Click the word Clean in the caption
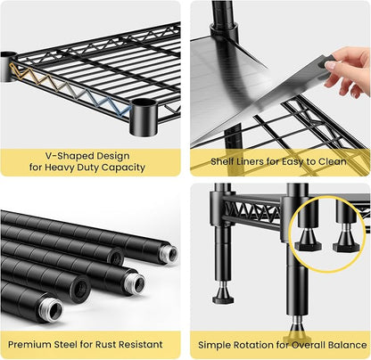click(x=333, y=161)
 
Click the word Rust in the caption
click(x=106, y=345)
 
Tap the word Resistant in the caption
click(x=141, y=345)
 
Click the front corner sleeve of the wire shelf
click(x=144, y=118)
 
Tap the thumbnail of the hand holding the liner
click(x=349, y=70)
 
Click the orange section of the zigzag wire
click(x=26, y=74)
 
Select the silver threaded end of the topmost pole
click(x=171, y=253)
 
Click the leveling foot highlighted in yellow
click(x=296, y=331)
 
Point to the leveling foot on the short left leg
click(x=223, y=294)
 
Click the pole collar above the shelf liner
click(x=225, y=31)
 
